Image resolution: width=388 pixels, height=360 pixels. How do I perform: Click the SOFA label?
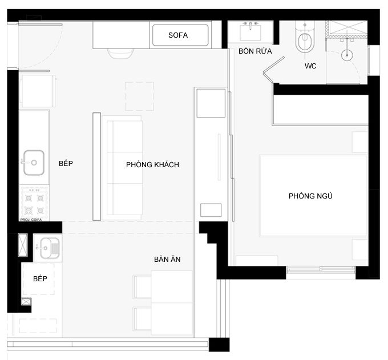[178, 35]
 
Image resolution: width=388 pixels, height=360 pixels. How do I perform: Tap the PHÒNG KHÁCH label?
[152, 164]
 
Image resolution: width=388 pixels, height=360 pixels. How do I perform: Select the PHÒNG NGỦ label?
[310, 196]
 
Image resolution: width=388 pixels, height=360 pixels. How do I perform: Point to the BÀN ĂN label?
[167, 259]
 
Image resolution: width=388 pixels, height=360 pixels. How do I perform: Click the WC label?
[310, 66]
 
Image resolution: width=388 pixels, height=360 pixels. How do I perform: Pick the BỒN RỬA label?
[255, 51]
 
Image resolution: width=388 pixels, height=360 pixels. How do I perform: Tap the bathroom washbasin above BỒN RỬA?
[250, 31]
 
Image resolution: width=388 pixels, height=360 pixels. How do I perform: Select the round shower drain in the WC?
[347, 55]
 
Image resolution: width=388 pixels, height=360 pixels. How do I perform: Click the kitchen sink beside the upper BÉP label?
[34, 163]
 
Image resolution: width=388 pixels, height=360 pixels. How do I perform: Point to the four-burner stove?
[34, 204]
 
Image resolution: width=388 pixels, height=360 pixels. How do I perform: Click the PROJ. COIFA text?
[31, 220]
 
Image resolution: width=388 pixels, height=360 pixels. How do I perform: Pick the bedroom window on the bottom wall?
[321, 269]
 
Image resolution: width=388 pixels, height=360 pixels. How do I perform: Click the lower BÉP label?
[40, 278]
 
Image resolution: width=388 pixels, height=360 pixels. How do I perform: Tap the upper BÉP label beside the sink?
[66, 163]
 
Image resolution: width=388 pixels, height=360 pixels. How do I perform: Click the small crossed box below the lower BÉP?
[26, 302]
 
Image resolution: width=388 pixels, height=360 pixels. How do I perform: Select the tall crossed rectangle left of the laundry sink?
[23, 245]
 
